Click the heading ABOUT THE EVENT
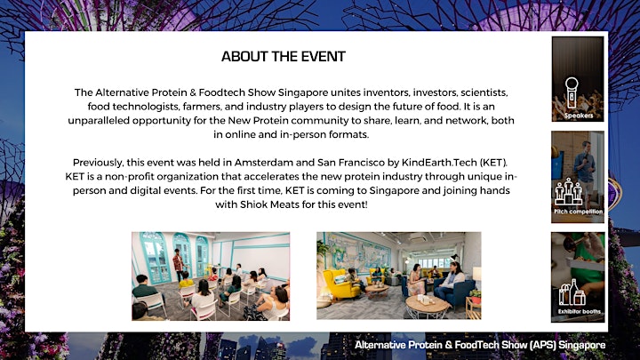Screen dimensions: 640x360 (284, 56)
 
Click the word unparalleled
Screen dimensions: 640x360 (99, 121)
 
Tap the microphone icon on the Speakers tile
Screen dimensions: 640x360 (572, 93)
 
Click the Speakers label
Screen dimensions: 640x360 (579, 116)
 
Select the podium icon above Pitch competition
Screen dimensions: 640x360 (569, 191)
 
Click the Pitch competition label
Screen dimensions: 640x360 (578, 212)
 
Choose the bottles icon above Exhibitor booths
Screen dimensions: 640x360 (572, 292)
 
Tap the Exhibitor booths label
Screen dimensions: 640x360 (580, 311)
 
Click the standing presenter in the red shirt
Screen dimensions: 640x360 (178, 265)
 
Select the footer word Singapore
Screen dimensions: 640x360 (581, 345)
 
